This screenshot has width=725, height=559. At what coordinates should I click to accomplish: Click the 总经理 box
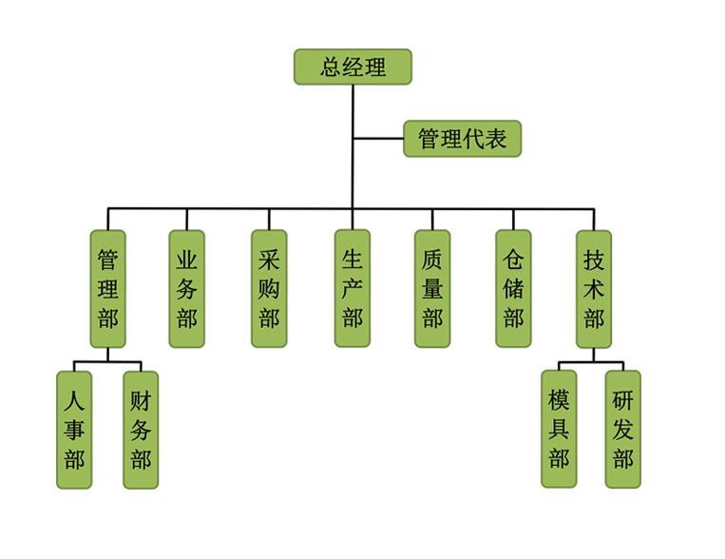point(353,67)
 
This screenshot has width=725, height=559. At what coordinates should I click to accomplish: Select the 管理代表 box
point(463,140)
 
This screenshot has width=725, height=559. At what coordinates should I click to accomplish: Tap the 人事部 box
point(74,429)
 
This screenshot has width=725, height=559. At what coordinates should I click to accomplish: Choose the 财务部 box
point(141,429)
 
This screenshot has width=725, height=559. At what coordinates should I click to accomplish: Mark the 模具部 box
point(559,429)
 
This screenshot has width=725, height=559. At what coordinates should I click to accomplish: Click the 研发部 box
point(623,429)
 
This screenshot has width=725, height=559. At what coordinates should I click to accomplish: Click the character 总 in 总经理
point(331,67)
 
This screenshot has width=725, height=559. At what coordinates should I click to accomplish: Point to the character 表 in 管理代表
point(496,140)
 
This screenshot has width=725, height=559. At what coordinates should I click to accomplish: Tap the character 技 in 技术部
point(595,259)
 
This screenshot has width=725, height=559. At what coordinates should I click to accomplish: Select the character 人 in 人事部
point(74,399)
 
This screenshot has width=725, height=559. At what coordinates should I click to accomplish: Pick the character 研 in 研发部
point(623,399)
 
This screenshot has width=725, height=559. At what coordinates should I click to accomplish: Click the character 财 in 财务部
point(141,399)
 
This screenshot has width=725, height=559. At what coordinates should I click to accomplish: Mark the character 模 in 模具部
point(559,399)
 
